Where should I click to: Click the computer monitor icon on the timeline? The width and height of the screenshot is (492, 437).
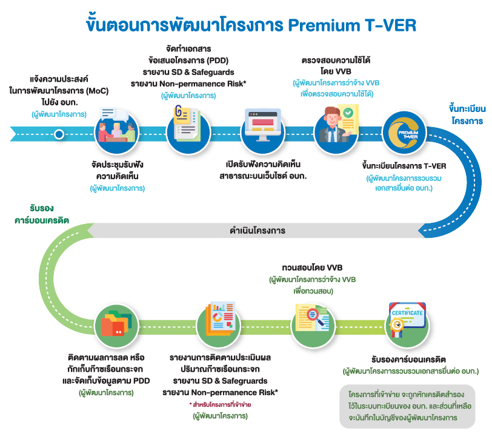click(264, 128)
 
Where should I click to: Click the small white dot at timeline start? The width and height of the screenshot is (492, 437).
click(59, 134)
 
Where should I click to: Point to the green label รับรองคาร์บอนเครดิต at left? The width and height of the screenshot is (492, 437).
click(41, 215)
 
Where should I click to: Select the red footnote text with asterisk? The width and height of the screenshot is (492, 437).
click(220, 404)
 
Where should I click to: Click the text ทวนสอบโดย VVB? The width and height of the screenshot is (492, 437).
click(308, 266)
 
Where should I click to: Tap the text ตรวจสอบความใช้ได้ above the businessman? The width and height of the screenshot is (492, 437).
click(336, 60)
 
